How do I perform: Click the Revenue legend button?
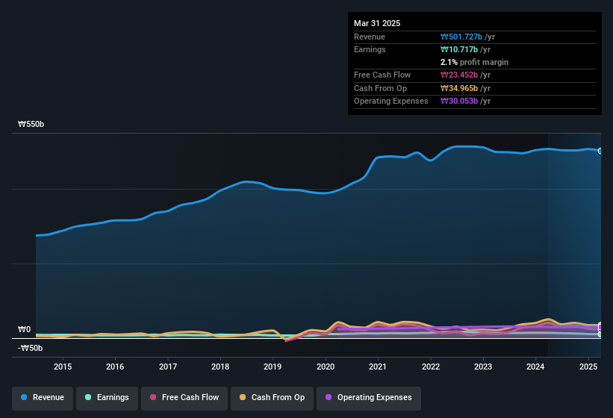point(43,397)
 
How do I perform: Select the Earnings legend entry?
point(108,397)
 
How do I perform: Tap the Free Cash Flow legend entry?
point(185,397)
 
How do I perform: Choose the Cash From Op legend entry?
point(271,397)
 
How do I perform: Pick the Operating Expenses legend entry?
point(368,397)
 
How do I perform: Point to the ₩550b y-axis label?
point(31,125)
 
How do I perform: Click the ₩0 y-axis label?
point(25,329)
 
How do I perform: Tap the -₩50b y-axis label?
point(30,348)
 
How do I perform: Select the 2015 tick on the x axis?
point(63,366)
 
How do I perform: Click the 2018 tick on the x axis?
point(220,366)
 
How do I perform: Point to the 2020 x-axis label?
point(326,366)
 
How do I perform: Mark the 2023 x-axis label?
point(483,366)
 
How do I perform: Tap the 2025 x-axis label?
point(588,366)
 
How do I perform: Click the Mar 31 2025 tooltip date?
point(377,23)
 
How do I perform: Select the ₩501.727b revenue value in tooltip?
point(466,37)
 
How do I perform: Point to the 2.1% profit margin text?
point(474,62)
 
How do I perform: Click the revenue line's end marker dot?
point(600,151)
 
